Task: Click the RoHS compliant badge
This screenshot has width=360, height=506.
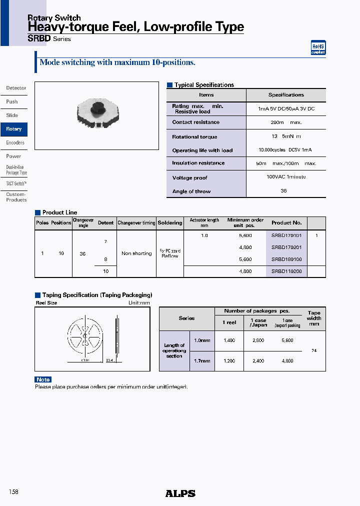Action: tap(318, 47)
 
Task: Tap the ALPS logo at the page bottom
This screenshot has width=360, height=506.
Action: tap(180, 493)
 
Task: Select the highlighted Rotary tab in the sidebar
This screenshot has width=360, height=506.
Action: tap(14, 129)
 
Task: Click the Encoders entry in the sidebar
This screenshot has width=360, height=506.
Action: tap(15, 142)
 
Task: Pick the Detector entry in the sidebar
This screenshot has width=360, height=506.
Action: tap(16, 88)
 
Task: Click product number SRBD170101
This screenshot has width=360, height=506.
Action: tap(286, 235)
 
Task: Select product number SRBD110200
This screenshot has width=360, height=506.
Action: tap(286, 271)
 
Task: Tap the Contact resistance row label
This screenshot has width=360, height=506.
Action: tap(195, 122)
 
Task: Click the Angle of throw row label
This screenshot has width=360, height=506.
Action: tap(191, 191)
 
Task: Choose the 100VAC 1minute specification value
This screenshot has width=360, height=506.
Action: tap(286, 177)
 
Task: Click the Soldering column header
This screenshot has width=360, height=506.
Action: tap(170, 223)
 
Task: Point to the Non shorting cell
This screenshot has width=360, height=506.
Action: tap(136, 253)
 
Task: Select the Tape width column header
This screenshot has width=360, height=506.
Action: tap(314, 318)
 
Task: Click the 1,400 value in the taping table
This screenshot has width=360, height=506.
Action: tap(229, 340)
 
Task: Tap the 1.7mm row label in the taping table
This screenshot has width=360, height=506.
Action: tap(202, 360)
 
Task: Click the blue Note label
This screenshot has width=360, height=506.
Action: tap(43, 379)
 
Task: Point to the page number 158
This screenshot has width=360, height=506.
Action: tap(13, 492)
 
